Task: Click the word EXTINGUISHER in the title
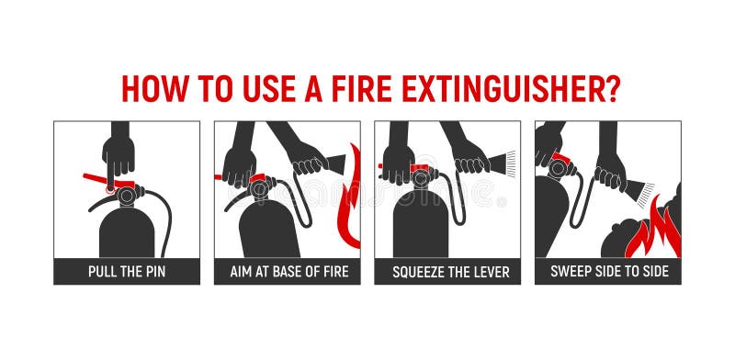pyautogui.click(x=503, y=88)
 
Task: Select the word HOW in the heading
pyautogui.click(x=153, y=88)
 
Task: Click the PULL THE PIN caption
pyautogui.click(x=127, y=272)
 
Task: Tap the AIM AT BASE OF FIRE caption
pyautogui.click(x=288, y=272)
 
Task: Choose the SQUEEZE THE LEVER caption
pyautogui.click(x=447, y=272)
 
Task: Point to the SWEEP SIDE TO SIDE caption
pyautogui.click(x=608, y=272)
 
